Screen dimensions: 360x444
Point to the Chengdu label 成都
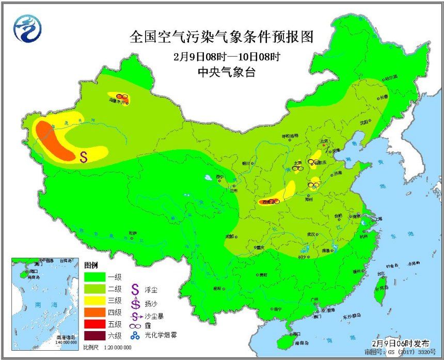pos(229,237)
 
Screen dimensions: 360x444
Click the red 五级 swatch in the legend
pos(94,324)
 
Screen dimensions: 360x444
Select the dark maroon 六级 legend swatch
pos(94,336)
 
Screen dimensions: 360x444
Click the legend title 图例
pos(91,265)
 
